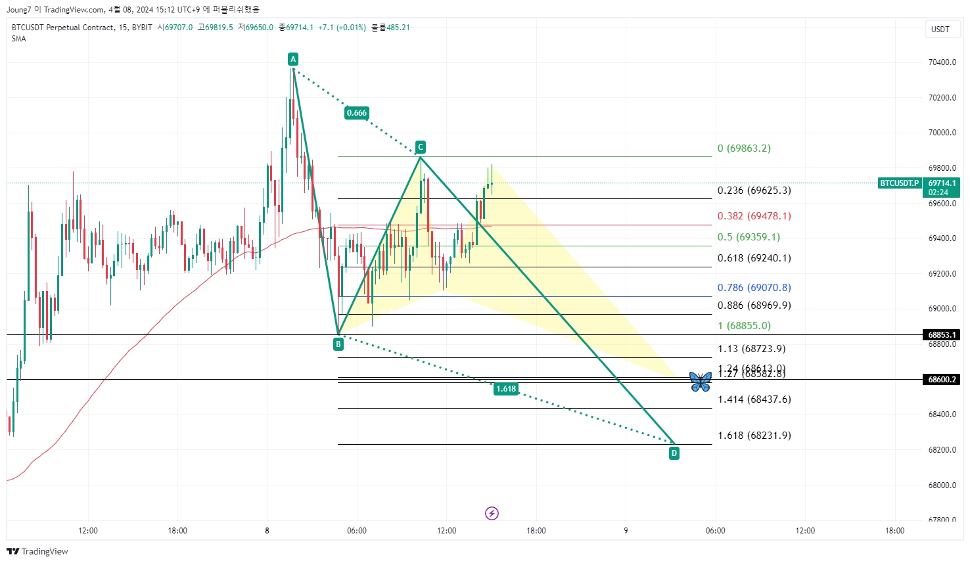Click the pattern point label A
(293, 59)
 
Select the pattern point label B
(338, 344)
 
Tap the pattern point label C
(420, 147)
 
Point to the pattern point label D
(674, 453)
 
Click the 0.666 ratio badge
(357, 113)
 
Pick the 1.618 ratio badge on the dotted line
(506, 389)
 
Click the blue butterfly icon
(701, 381)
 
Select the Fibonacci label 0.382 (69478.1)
(754, 216)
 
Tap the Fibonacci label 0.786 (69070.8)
(754, 288)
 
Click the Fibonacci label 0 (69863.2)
(744, 148)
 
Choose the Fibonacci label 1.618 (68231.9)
(754, 436)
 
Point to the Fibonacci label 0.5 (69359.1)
(749, 237)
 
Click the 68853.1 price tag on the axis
(942, 335)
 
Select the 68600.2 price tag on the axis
(942, 380)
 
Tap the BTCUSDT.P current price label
(899, 183)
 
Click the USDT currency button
(940, 30)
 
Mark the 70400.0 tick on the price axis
(942, 62)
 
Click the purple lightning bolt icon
(492, 513)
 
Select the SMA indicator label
(19, 39)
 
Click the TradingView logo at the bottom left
(37, 551)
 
